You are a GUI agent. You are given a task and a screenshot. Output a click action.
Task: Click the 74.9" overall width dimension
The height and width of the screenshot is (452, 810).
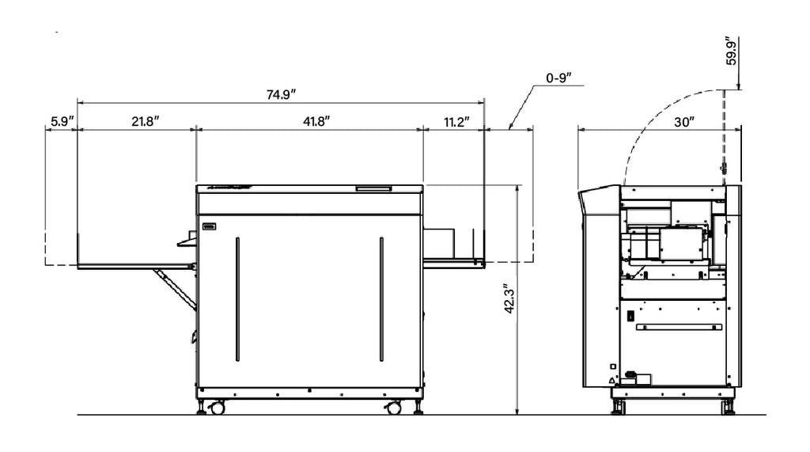point(281,95)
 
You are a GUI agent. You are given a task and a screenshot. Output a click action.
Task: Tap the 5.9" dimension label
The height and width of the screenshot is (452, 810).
point(62,122)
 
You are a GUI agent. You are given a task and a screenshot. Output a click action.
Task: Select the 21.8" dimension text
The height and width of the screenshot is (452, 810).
point(146,122)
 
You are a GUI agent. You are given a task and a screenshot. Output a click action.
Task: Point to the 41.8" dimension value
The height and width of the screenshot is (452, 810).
point(316,122)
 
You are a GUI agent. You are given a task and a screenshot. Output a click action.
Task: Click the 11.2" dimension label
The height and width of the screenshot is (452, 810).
point(456,122)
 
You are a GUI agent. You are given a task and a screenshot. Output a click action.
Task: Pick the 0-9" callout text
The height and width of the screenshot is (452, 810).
point(559,78)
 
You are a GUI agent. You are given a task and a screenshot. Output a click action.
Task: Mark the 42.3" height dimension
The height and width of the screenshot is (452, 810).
point(510,298)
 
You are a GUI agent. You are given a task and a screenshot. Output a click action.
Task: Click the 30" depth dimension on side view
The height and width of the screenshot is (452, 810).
point(684,122)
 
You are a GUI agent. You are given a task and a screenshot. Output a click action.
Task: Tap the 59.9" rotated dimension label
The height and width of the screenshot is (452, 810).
point(731,51)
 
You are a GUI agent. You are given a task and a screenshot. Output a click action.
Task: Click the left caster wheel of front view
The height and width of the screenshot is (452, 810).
point(218,408)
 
